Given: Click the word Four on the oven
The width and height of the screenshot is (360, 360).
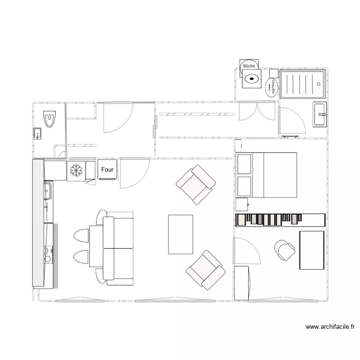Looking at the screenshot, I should click(x=108, y=169).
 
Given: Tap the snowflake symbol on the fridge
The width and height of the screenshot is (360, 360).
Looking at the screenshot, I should click(x=75, y=169).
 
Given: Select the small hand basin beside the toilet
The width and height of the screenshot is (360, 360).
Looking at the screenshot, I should click(x=37, y=133).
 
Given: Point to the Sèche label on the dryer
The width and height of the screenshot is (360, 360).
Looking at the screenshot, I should click(x=249, y=65).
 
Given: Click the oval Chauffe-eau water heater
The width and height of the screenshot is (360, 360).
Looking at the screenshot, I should click(x=271, y=87).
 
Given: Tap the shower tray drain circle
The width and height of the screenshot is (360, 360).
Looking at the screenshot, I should click(x=319, y=84).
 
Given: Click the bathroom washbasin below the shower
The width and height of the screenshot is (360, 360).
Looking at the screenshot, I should click(x=320, y=114).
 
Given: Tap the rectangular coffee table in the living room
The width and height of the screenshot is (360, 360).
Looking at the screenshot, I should click(x=180, y=234).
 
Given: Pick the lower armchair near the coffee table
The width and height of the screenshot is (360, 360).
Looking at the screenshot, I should click(x=205, y=270).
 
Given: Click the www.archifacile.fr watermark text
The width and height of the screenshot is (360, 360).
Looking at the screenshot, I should click(x=330, y=327).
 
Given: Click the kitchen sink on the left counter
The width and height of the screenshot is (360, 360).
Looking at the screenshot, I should click(x=48, y=192).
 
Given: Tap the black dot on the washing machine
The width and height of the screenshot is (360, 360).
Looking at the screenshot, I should click(x=251, y=78).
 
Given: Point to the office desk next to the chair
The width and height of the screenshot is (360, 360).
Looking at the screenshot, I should click(x=312, y=250).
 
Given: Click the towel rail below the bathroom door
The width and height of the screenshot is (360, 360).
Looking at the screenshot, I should click(x=291, y=137).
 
